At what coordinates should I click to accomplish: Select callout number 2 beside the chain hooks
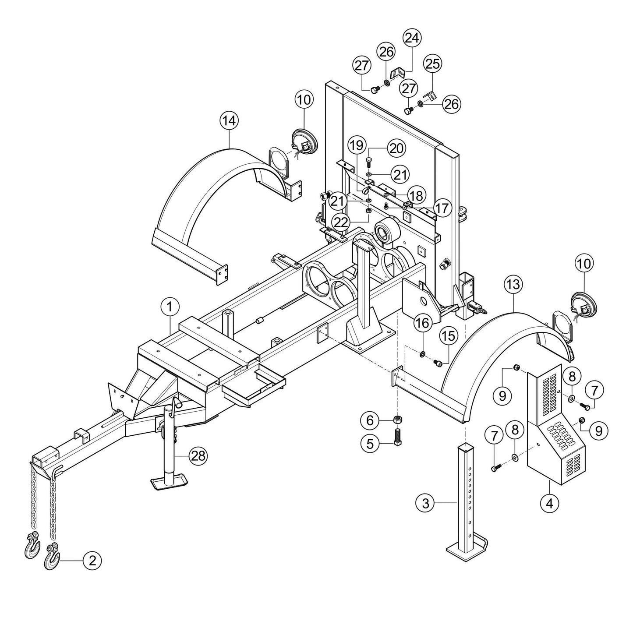(x=92, y=560)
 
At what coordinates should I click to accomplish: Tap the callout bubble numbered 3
(x=425, y=503)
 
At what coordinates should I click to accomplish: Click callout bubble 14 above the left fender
(x=230, y=121)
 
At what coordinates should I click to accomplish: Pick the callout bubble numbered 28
(x=198, y=456)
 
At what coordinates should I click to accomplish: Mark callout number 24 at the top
(x=411, y=39)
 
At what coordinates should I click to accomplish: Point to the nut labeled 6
(x=398, y=420)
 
